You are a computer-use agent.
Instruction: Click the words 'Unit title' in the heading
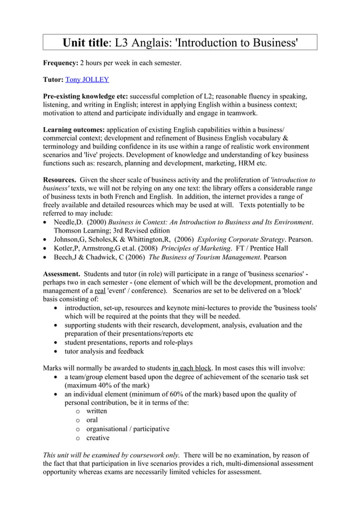[x=87, y=43]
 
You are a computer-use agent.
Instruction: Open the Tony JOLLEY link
[x=87, y=80]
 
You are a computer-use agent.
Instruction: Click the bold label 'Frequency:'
[x=61, y=63]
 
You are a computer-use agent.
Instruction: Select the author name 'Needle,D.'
[x=70, y=222]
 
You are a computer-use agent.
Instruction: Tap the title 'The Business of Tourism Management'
[x=199, y=257]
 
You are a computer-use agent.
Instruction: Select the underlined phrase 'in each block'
[x=196, y=368]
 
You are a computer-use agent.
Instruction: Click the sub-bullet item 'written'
[x=96, y=411]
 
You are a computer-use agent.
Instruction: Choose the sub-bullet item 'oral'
[x=92, y=420]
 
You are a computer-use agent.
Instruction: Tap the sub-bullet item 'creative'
[x=98, y=438]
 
